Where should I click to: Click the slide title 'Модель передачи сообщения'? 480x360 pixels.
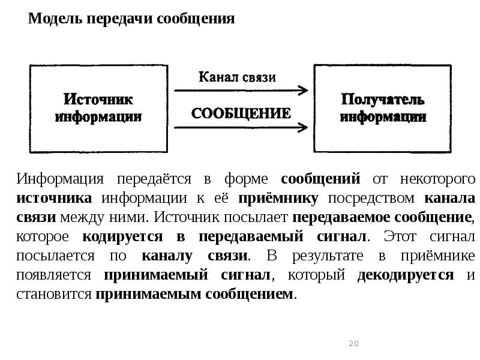pos(131,19)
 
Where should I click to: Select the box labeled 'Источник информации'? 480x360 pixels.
pos(98,108)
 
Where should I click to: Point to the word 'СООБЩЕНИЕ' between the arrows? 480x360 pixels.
pos(241,113)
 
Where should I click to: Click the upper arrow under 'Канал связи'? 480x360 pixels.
pos(241,91)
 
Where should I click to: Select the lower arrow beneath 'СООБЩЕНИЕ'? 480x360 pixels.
pos(241,127)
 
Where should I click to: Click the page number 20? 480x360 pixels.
pos(353,344)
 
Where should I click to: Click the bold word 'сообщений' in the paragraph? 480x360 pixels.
pos(320,179)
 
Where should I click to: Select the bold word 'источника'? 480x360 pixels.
pos(55,199)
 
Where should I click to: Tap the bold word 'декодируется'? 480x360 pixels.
pos(405,275)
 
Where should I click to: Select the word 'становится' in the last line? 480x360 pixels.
pos(55,295)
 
